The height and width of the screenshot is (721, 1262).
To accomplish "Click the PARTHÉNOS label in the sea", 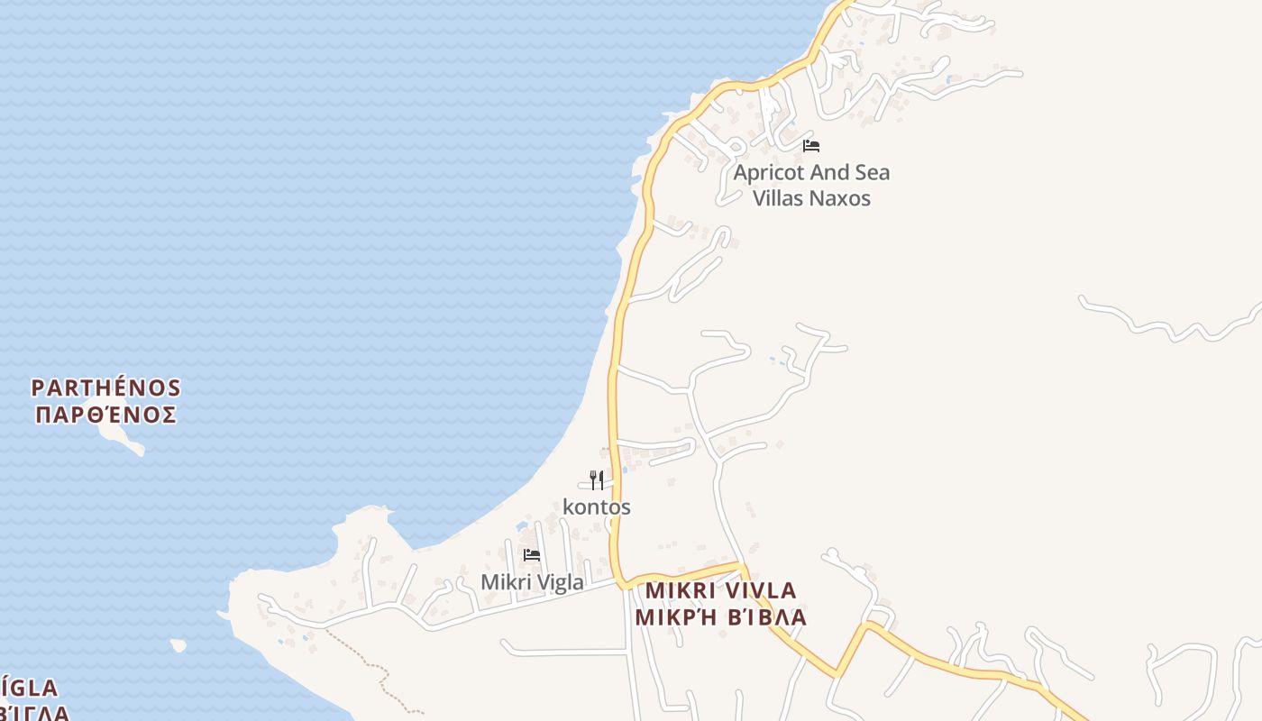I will click(106, 388).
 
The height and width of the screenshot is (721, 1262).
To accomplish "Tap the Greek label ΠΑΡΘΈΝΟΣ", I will click(106, 415).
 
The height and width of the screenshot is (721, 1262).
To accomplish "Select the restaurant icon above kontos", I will click(596, 479).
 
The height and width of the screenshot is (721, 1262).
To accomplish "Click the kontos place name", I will click(597, 507).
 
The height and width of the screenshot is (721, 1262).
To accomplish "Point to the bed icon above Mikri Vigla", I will click(532, 555).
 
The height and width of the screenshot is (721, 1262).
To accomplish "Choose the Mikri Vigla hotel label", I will click(532, 583).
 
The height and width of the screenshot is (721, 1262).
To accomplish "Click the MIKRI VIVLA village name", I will click(721, 591).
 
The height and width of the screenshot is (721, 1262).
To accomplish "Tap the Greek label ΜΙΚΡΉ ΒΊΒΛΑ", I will click(721, 617).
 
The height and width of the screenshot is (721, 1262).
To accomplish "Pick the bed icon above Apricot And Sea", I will click(811, 145).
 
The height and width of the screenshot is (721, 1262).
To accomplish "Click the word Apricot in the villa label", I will click(768, 173).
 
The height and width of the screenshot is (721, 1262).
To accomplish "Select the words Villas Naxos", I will click(811, 198).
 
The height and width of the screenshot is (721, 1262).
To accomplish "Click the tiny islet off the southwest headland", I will click(178, 645).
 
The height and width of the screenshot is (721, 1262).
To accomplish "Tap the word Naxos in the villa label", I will click(840, 198).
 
